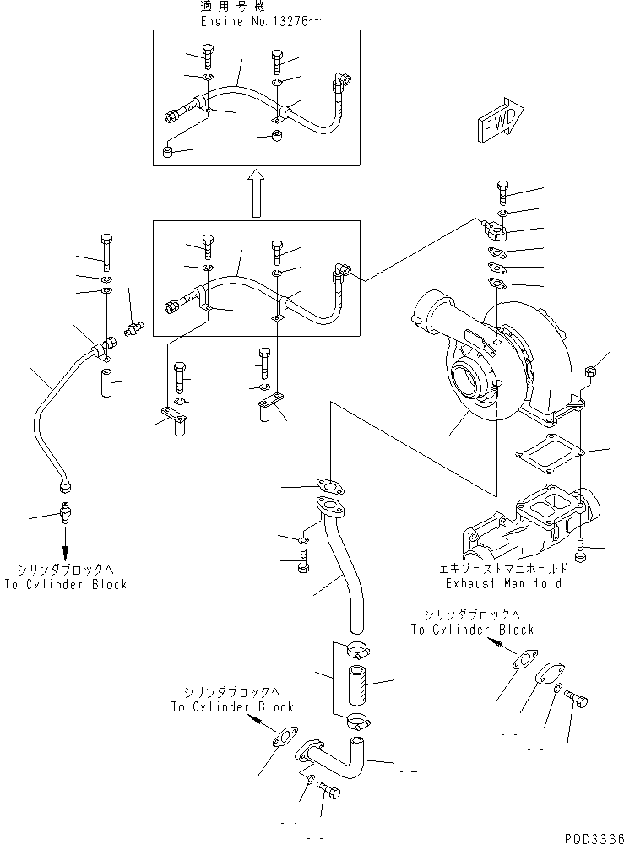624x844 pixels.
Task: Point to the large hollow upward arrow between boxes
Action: click(x=258, y=193)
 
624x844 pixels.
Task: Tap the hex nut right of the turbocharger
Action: click(x=592, y=370)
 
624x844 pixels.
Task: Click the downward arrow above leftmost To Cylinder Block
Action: click(x=65, y=539)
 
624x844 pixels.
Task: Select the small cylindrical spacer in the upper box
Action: click(x=167, y=153)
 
